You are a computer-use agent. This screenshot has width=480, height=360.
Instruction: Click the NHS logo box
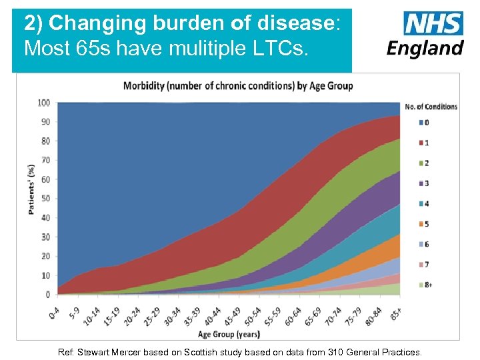tap(433, 24)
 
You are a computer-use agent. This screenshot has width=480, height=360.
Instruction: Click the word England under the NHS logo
tap(425, 49)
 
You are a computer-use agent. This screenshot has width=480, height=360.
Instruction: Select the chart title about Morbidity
tap(238, 85)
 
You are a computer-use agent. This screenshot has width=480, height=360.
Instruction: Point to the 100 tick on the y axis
tap(44, 103)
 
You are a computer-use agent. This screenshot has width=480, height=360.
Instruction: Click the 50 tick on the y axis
tap(46, 199)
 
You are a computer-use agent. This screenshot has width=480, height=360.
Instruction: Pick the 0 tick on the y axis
tap(48, 294)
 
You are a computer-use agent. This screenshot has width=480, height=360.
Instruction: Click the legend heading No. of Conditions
tap(431, 106)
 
